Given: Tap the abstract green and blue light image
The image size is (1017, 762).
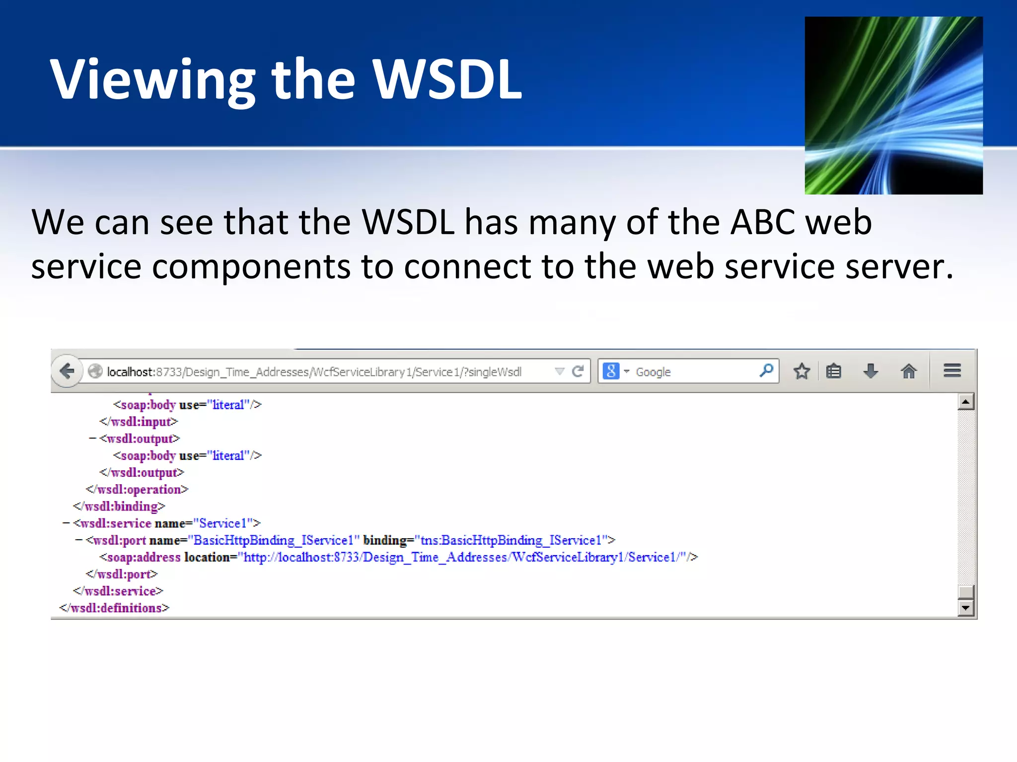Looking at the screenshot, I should pyautogui.click(x=893, y=105).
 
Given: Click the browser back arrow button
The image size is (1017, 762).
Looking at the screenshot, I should pyautogui.click(x=67, y=371).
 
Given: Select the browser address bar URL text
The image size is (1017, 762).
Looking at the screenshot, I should pyautogui.click(x=314, y=372).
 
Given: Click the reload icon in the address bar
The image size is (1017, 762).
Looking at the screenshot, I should pyautogui.click(x=578, y=371).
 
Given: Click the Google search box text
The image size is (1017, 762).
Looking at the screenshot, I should pyautogui.click(x=654, y=372).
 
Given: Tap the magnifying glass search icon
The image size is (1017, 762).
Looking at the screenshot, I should pyautogui.click(x=766, y=370).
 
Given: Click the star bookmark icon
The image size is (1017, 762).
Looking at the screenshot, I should pyautogui.click(x=801, y=371).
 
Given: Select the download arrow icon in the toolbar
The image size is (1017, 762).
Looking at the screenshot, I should pyautogui.click(x=871, y=371).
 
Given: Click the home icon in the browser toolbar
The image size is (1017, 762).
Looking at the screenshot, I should pyautogui.click(x=909, y=371).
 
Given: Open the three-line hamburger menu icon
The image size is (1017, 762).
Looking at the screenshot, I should pyautogui.click(x=952, y=371).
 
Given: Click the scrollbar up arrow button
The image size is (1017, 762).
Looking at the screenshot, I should pyautogui.click(x=965, y=401).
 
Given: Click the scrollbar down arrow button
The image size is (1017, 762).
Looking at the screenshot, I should pyautogui.click(x=965, y=608).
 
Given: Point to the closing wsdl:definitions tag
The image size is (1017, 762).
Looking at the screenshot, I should pyautogui.click(x=114, y=608).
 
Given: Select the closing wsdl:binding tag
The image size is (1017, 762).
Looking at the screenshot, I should pyautogui.click(x=119, y=507).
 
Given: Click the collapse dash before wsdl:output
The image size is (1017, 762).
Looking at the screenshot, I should pyautogui.click(x=92, y=439).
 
